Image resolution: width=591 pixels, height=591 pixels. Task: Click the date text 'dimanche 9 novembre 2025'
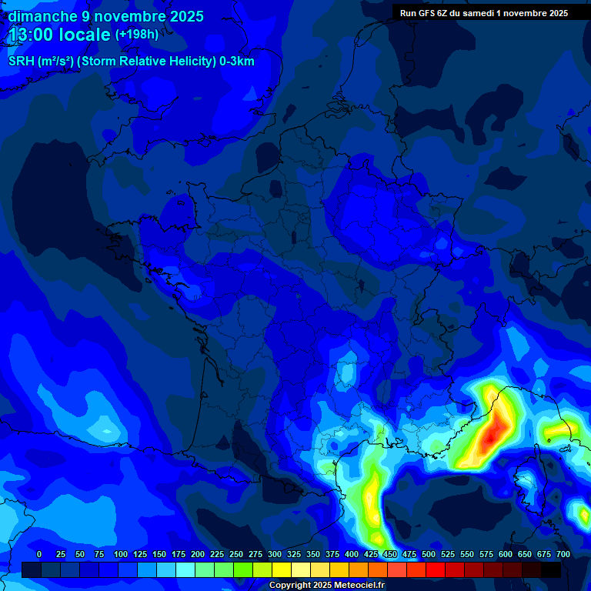point(105,16)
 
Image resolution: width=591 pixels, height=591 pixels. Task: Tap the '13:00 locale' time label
point(59,35)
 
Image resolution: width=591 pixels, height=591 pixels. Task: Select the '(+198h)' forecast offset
point(137,35)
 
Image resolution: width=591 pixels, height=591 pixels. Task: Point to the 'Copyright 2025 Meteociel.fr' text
point(327,586)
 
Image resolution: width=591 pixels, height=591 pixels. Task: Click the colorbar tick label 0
point(39,555)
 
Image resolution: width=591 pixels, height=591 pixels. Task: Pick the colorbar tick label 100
point(120,555)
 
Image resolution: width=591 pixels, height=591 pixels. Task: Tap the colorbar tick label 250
point(236,555)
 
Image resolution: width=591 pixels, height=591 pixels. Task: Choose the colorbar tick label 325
point(294,555)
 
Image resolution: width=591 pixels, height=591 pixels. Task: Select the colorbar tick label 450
point(390,555)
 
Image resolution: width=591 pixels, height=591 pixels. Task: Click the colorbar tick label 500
point(429,555)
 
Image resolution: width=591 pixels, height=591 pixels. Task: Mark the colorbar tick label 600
point(506,555)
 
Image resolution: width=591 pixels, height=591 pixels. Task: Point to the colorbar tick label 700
point(563,555)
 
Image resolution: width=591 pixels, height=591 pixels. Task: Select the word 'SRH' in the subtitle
point(21,62)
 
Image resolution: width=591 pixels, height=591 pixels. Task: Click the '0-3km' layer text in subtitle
point(236,62)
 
